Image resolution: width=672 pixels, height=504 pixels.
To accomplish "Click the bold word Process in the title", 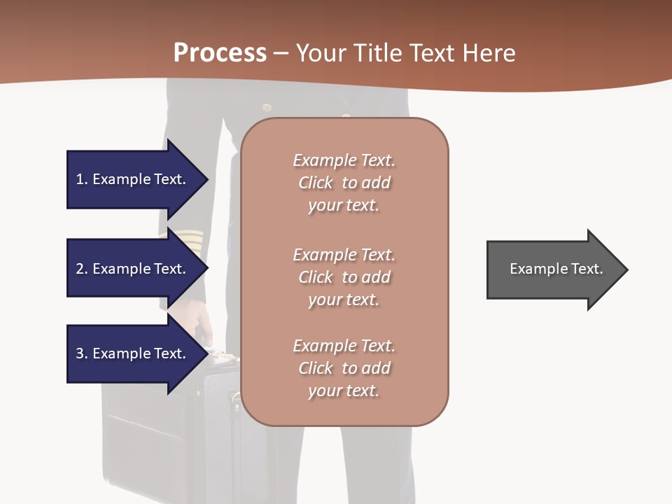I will pos(220,53).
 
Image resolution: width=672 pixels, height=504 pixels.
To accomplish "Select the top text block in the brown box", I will pos(344,183).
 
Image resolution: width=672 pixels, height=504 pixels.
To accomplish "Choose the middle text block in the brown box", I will pos(344,277).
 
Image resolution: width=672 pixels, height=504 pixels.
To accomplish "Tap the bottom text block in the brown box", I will pos(344,368).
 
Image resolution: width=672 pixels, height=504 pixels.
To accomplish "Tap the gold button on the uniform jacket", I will pos(267,107).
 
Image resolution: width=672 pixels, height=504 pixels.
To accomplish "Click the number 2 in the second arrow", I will pos(80,269).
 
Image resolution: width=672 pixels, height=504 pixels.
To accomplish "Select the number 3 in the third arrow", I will pos(80,353).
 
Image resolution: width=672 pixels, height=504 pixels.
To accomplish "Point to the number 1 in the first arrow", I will pos(80,179).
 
